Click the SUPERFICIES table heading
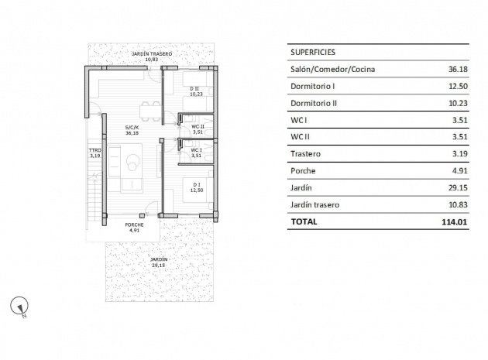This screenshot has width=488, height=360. [x=313, y=53]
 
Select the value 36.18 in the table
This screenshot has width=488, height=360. [x=458, y=69]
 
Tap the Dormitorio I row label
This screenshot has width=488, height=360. [x=312, y=86]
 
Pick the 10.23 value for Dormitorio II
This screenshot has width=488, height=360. [x=458, y=103]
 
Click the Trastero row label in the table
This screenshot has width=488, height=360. [x=305, y=154]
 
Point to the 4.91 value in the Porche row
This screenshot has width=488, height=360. [x=459, y=171]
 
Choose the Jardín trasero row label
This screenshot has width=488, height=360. [x=314, y=204]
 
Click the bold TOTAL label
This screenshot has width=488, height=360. [x=304, y=221]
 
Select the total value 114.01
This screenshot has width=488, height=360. [x=455, y=222]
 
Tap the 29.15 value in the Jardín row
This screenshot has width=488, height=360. [x=458, y=187]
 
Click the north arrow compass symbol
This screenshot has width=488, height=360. [x=19, y=306]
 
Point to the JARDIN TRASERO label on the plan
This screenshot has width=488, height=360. [x=152, y=54]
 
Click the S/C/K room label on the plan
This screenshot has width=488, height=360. [x=132, y=127]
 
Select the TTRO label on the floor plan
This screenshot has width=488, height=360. [x=95, y=150]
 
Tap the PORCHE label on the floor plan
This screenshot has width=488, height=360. [x=134, y=225]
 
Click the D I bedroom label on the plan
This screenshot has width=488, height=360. [x=197, y=185]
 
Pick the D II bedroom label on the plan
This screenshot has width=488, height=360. [x=194, y=89]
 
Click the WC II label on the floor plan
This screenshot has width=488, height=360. [x=198, y=127]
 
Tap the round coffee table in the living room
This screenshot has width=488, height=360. [x=133, y=163]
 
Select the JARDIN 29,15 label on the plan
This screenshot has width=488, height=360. [x=159, y=262]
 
